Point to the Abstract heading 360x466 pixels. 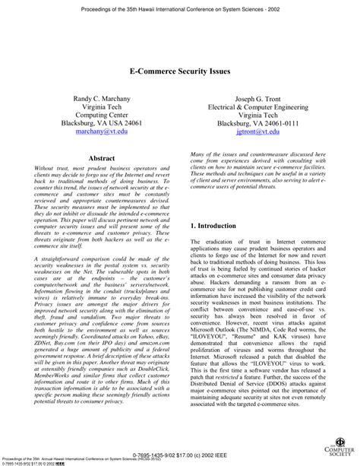tap(102, 158)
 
